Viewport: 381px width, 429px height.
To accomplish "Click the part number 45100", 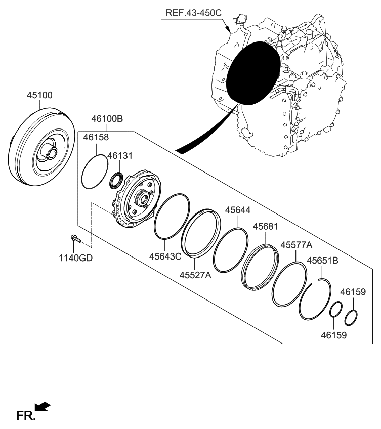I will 40,95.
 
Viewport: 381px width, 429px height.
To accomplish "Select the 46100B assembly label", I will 107,119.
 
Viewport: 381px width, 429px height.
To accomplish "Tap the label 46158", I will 96,137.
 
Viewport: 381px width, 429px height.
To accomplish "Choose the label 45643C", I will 165,256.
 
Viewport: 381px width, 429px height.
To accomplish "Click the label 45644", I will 238,209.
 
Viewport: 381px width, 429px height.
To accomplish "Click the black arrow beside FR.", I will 44,406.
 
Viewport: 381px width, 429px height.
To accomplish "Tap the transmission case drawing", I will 304,101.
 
